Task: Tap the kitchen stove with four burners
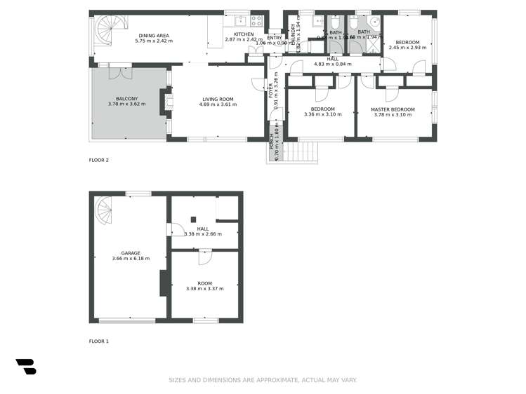[x=257, y=21]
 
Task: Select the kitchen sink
[x=239, y=20]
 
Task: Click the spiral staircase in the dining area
[x=107, y=32]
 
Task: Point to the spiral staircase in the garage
[x=103, y=209]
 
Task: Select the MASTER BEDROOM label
[x=393, y=109]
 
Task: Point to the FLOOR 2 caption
[x=99, y=160]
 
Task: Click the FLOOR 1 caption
[x=99, y=341]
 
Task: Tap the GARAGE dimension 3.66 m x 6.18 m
[x=131, y=259]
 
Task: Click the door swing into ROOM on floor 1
[x=205, y=257]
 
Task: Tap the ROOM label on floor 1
[x=204, y=283]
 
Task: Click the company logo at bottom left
[x=26, y=367]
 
